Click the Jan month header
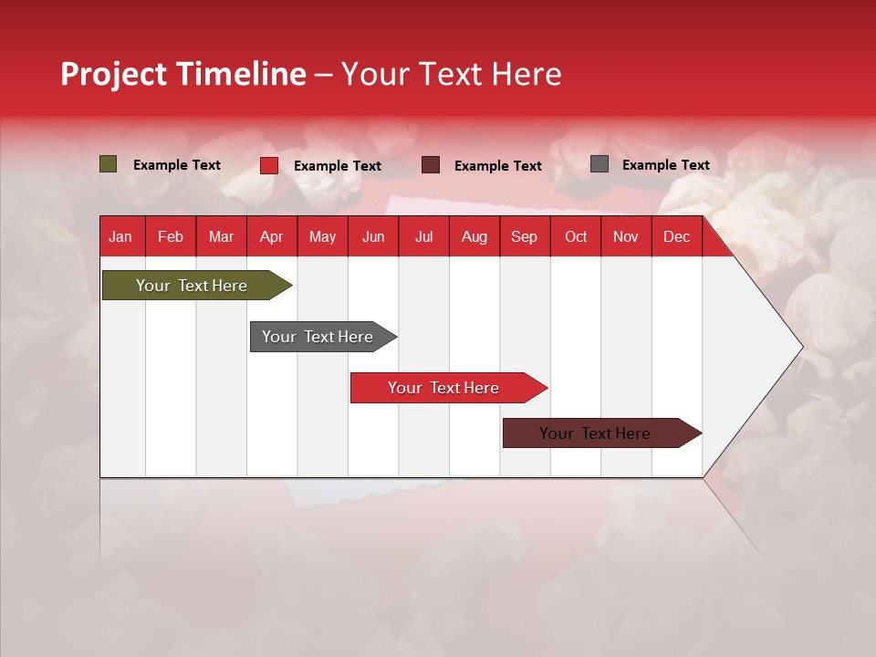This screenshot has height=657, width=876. pos(121,237)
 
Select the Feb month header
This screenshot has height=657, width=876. pos(171,237)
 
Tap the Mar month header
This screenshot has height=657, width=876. pos(221,237)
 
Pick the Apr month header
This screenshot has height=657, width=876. pos(272,237)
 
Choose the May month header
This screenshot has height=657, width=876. pos(322,237)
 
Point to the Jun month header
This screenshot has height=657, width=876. pos(373,237)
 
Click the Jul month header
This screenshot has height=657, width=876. pos(423,237)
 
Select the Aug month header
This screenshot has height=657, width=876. pos(474,237)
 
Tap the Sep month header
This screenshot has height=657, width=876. pos(525,237)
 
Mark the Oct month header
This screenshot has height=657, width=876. pos(576,237)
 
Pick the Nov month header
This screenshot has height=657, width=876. pos(626,237)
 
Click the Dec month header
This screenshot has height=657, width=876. pos(677,237)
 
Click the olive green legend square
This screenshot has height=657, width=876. pos(109,164)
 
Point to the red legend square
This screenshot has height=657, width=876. pos(269,165)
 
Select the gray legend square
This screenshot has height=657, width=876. pos(600,164)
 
